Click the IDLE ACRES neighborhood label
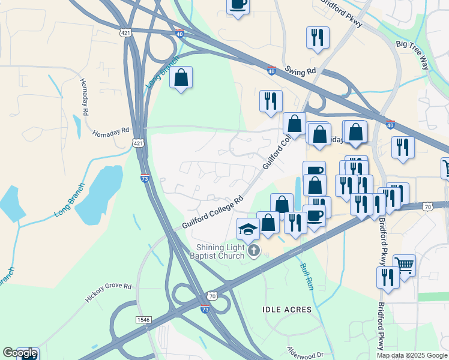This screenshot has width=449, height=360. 288,310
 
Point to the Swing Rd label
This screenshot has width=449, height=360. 301,71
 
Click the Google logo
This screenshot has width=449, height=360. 19,353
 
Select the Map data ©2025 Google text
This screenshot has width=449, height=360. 411,355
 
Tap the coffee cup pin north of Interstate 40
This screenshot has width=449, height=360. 238,5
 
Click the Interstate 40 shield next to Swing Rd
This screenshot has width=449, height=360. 271,71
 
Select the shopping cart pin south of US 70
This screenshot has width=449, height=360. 404,265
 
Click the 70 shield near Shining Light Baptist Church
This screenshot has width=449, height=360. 212,295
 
